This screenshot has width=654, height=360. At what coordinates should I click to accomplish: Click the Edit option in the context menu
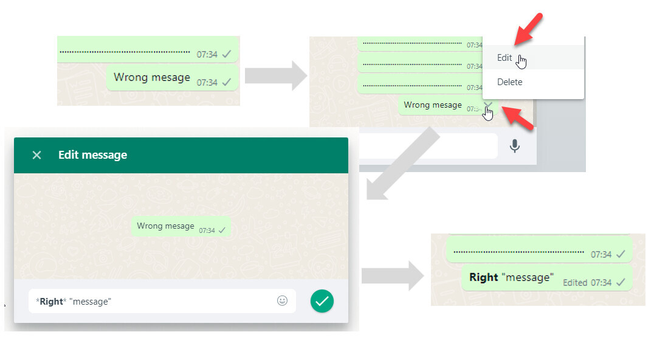tap(504, 58)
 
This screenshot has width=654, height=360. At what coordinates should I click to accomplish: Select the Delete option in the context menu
tap(509, 82)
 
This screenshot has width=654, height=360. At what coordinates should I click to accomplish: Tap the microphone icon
tap(515, 146)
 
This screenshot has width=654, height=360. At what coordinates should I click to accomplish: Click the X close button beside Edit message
tap(36, 155)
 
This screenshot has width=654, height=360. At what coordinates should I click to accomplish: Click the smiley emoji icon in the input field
tap(283, 300)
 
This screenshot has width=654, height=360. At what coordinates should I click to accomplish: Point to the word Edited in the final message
tap(575, 283)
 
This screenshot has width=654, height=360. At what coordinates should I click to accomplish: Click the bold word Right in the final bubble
tap(484, 277)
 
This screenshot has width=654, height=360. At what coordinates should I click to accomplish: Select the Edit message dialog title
tap(92, 155)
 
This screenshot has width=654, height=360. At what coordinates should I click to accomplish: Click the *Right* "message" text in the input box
tap(74, 302)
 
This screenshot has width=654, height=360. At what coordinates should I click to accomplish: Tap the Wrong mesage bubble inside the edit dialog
tap(181, 226)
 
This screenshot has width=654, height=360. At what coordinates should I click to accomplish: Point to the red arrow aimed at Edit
tap(529, 29)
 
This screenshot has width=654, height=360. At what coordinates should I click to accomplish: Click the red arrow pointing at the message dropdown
tap(518, 118)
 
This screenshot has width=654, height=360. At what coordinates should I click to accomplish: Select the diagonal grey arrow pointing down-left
tap(402, 164)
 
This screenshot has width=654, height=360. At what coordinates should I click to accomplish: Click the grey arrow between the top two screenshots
tap(276, 75)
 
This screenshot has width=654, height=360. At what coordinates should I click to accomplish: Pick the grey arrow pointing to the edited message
tap(393, 275)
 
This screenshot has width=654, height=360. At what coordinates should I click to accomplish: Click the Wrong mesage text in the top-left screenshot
tap(152, 78)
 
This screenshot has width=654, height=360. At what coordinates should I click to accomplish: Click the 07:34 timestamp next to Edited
tap(601, 283)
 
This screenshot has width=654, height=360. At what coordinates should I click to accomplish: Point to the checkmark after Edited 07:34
tap(621, 282)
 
